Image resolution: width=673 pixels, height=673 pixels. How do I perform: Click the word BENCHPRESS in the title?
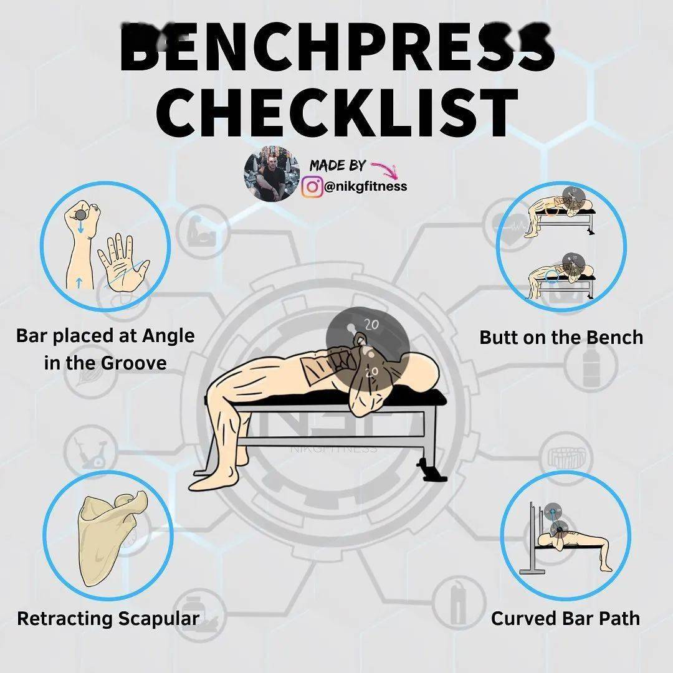[x=336, y=48]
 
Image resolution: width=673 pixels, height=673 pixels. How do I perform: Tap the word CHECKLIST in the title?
[x=337, y=112]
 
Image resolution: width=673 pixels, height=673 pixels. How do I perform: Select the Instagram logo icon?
[x=312, y=187]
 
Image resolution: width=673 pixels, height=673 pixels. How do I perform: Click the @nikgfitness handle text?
[x=366, y=186]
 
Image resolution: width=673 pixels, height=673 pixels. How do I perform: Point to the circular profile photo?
[x=272, y=173]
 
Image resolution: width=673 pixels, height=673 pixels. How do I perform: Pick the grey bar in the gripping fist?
[x=80, y=214]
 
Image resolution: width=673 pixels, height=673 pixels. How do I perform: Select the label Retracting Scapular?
[x=108, y=619]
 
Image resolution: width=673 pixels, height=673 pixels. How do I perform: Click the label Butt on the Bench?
[x=561, y=337]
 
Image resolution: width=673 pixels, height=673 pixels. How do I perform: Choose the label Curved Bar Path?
[x=565, y=619]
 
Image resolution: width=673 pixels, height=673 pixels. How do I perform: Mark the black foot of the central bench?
[x=429, y=470]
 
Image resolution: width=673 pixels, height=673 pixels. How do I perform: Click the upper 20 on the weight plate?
[x=371, y=325]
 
